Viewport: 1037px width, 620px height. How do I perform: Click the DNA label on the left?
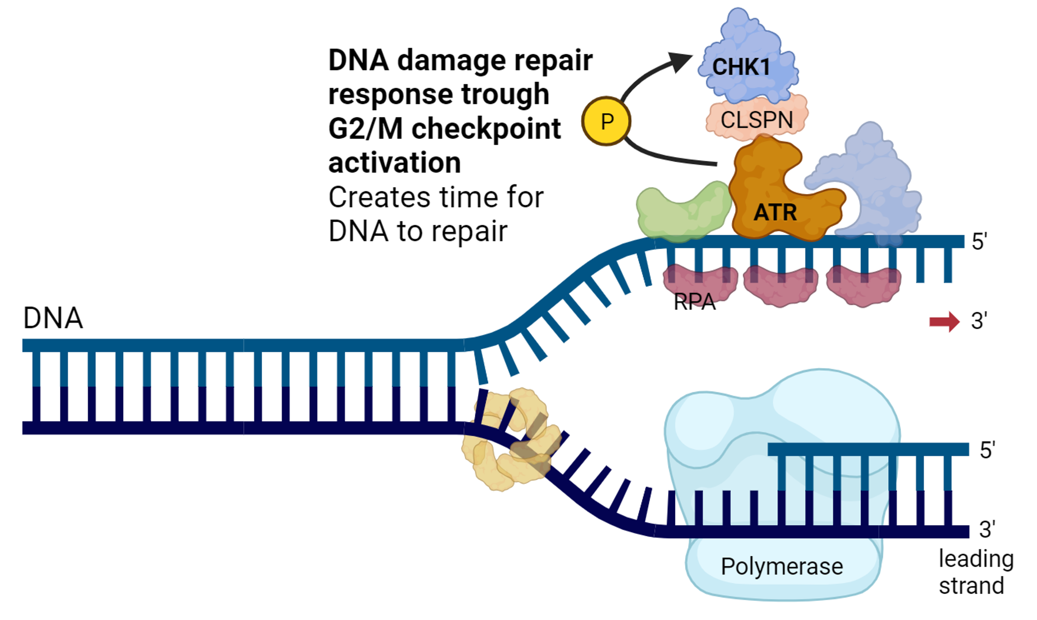(x=53, y=318)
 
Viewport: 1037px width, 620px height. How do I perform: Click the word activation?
(x=395, y=163)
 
